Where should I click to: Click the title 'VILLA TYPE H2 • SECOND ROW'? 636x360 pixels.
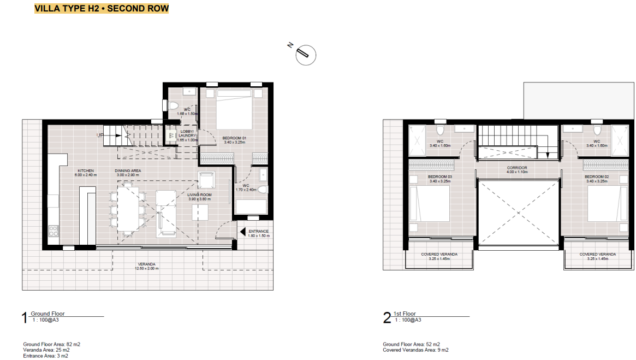click(x=102, y=9)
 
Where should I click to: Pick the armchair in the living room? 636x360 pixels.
click(x=207, y=181)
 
